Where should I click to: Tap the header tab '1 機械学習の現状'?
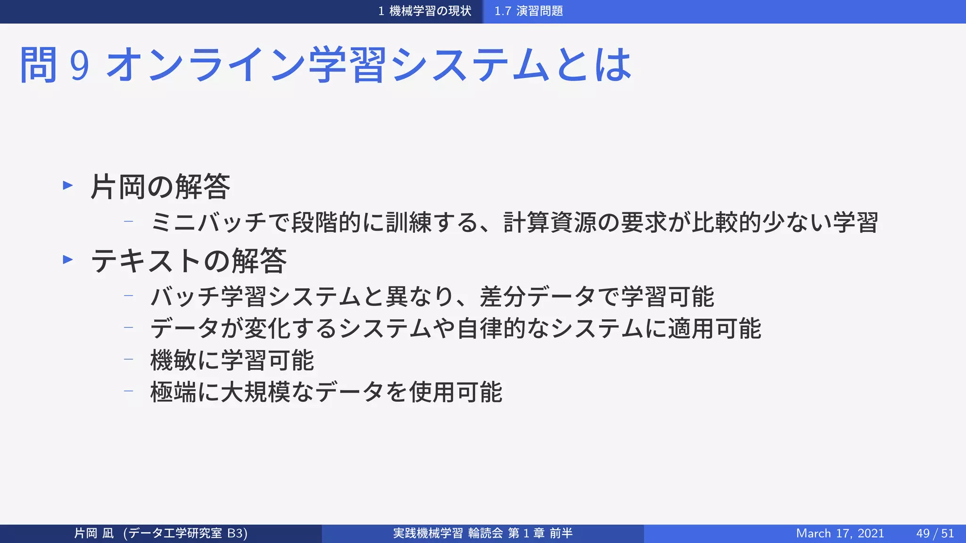(425, 11)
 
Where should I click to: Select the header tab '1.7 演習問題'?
(528, 11)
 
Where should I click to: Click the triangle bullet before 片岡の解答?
(68, 185)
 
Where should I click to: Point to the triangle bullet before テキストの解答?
(68, 259)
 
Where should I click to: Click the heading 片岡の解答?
(160, 187)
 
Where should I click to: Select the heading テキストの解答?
(189, 260)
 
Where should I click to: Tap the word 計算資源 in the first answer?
(550, 222)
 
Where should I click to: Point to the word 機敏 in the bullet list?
(173, 361)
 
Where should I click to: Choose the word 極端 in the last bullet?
(173, 392)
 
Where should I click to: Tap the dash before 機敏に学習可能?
(128, 359)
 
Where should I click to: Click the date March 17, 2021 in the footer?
(840, 533)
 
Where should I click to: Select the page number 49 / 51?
(935, 533)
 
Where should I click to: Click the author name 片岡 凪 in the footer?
(94, 533)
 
